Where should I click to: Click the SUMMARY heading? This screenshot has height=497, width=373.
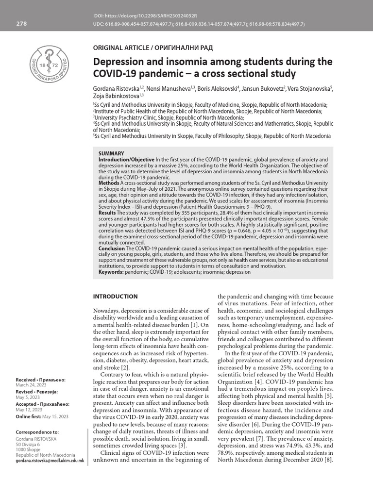(111, 153)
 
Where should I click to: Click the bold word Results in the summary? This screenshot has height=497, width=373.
(107, 212)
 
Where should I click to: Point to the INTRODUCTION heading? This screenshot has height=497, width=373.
(115, 297)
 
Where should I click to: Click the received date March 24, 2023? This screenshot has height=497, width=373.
(29, 385)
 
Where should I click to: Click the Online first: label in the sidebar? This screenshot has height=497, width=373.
(28, 415)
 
